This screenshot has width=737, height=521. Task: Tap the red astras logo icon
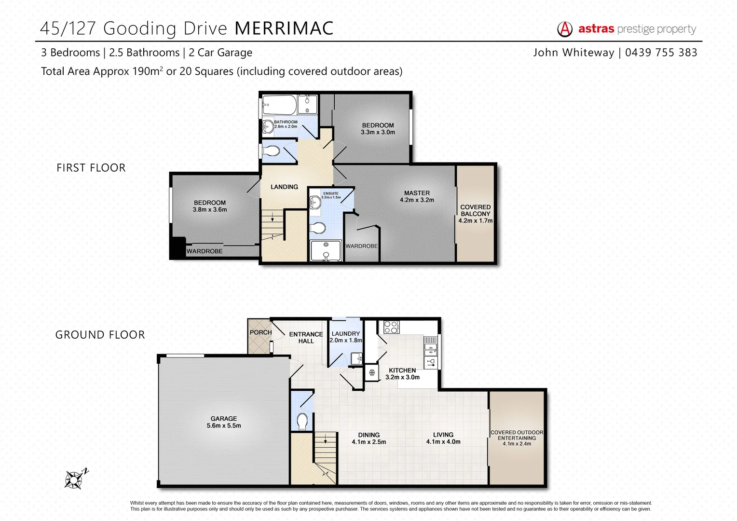565,29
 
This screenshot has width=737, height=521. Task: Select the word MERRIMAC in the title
284,28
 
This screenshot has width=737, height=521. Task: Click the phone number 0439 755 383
661,53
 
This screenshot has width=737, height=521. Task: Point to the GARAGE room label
224,419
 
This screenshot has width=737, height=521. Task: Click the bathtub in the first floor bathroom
279,104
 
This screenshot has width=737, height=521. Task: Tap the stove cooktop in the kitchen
391,327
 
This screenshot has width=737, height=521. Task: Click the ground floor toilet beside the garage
302,421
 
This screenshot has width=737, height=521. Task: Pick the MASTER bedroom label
417,193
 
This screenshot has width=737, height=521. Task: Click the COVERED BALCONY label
475,210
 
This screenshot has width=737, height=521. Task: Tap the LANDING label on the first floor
284,187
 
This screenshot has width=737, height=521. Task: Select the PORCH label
260,332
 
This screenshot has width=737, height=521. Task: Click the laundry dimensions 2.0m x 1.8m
346,340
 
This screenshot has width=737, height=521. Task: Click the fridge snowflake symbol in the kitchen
372,372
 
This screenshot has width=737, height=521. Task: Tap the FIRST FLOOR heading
91,168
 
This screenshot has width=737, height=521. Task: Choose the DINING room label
368,435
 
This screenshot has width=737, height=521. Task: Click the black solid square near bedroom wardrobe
178,248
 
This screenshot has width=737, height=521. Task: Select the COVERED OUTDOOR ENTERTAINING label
517,435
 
